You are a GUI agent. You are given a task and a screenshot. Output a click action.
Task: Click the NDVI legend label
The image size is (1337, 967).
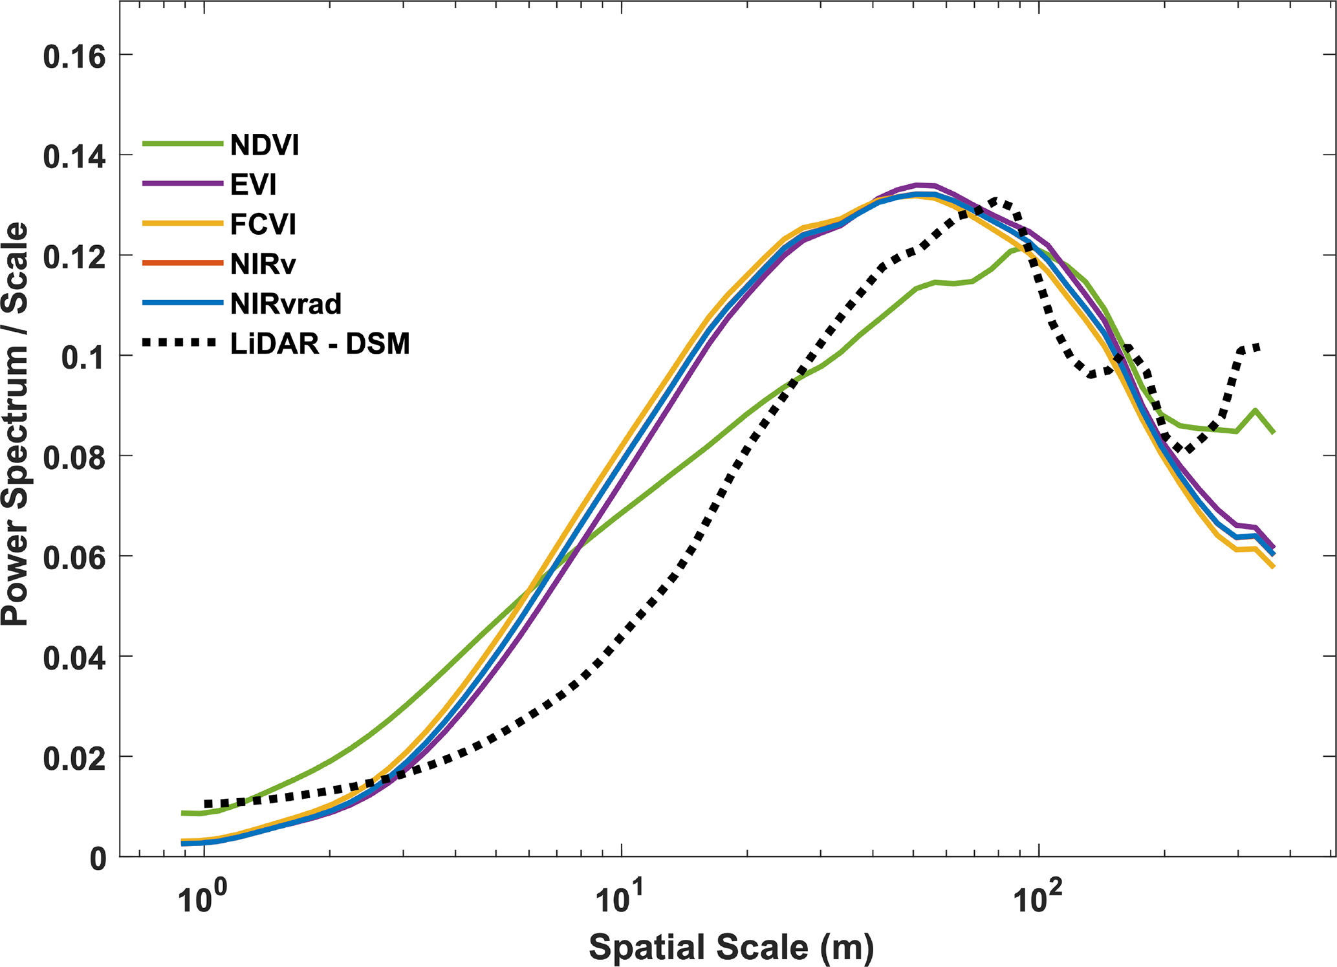(265, 146)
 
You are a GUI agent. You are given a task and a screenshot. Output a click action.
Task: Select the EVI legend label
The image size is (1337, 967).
(254, 186)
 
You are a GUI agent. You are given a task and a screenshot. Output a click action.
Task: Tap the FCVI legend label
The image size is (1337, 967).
(263, 225)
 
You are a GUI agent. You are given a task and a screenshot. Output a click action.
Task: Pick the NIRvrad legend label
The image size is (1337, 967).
(286, 304)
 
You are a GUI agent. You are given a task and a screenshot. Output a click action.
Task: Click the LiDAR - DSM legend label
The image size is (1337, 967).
(320, 343)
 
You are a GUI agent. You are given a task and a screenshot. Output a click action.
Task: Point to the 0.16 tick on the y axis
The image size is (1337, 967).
(74, 57)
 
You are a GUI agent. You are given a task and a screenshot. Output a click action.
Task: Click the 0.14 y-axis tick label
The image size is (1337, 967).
(74, 157)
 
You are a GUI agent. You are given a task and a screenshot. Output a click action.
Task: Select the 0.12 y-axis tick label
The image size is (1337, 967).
(74, 257)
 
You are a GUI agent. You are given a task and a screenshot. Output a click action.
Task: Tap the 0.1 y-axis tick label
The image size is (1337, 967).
(83, 358)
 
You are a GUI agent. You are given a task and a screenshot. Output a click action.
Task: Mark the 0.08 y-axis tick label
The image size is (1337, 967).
(74, 458)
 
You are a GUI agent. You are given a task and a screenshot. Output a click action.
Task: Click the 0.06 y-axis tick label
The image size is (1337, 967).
(74, 558)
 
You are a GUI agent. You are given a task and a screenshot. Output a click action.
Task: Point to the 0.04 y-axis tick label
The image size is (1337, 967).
(74, 658)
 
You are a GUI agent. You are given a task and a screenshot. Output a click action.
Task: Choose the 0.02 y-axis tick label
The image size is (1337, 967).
(74, 759)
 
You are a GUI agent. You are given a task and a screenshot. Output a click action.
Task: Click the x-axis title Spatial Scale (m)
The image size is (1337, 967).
(731, 948)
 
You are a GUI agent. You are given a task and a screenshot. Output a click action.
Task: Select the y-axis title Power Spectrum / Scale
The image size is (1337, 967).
(16, 424)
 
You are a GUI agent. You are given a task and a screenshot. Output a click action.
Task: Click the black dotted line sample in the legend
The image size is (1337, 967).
(179, 343)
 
